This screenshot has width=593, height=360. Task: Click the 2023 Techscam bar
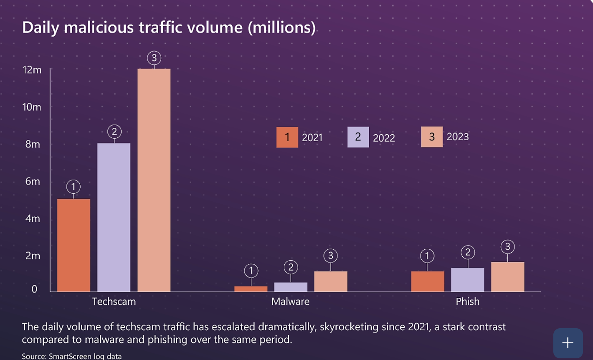(x=154, y=180)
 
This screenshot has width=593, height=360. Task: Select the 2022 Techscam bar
(x=114, y=217)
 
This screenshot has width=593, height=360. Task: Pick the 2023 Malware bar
(x=330, y=281)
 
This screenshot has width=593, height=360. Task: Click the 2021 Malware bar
(x=251, y=289)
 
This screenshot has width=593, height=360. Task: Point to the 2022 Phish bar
(x=467, y=279)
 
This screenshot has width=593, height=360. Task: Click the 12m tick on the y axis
(x=32, y=70)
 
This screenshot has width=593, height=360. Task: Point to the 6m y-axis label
(x=33, y=181)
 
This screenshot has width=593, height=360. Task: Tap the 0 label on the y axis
(x=34, y=289)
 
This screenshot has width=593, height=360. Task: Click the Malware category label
(x=290, y=302)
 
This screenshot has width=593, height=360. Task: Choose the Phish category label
(x=467, y=302)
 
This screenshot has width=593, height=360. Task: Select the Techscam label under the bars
(x=114, y=302)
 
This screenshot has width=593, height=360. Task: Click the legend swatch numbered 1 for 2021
(x=287, y=137)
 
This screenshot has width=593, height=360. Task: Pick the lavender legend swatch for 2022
(x=358, y=137)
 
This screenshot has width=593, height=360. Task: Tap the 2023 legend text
(x=458, y=137)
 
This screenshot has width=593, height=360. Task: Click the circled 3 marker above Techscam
(x=154, y=58)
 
